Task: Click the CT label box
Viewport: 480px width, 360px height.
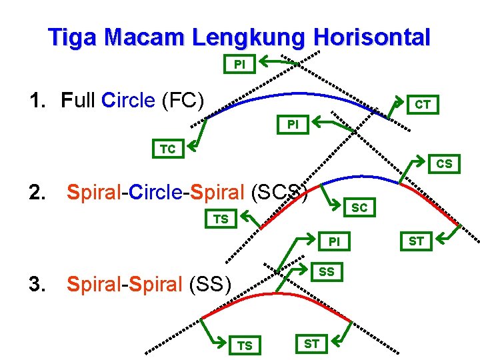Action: (422, 104)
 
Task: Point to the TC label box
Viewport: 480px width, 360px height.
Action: (167, 149)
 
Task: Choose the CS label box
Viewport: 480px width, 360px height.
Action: (444, 163)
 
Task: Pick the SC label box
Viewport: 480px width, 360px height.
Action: (359, 207)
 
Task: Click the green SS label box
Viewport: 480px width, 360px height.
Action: (327, 271)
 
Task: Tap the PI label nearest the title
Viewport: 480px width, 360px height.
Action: (239, 65)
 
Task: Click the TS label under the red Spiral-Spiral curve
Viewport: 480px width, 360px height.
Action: (245, 345)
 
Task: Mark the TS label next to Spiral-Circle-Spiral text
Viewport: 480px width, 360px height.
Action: (220, 219)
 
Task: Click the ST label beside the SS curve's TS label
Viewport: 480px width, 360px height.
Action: (311, 344)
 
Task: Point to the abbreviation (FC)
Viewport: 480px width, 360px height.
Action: (182, 101)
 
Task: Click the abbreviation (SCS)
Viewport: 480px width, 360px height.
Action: (279, 193)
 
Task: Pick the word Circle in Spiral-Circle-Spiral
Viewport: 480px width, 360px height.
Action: (158, 193)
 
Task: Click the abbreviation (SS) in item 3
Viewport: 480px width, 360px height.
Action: (209, 285)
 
